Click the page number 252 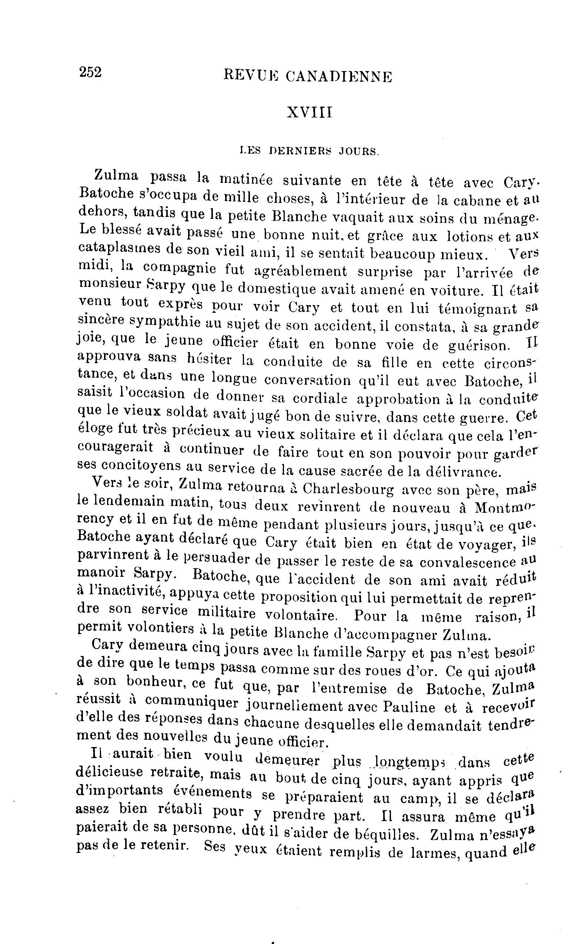tap(90, 71)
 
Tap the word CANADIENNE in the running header tap(338, 77)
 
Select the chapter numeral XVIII tap(310, 113)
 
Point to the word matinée tap(246, 179)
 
